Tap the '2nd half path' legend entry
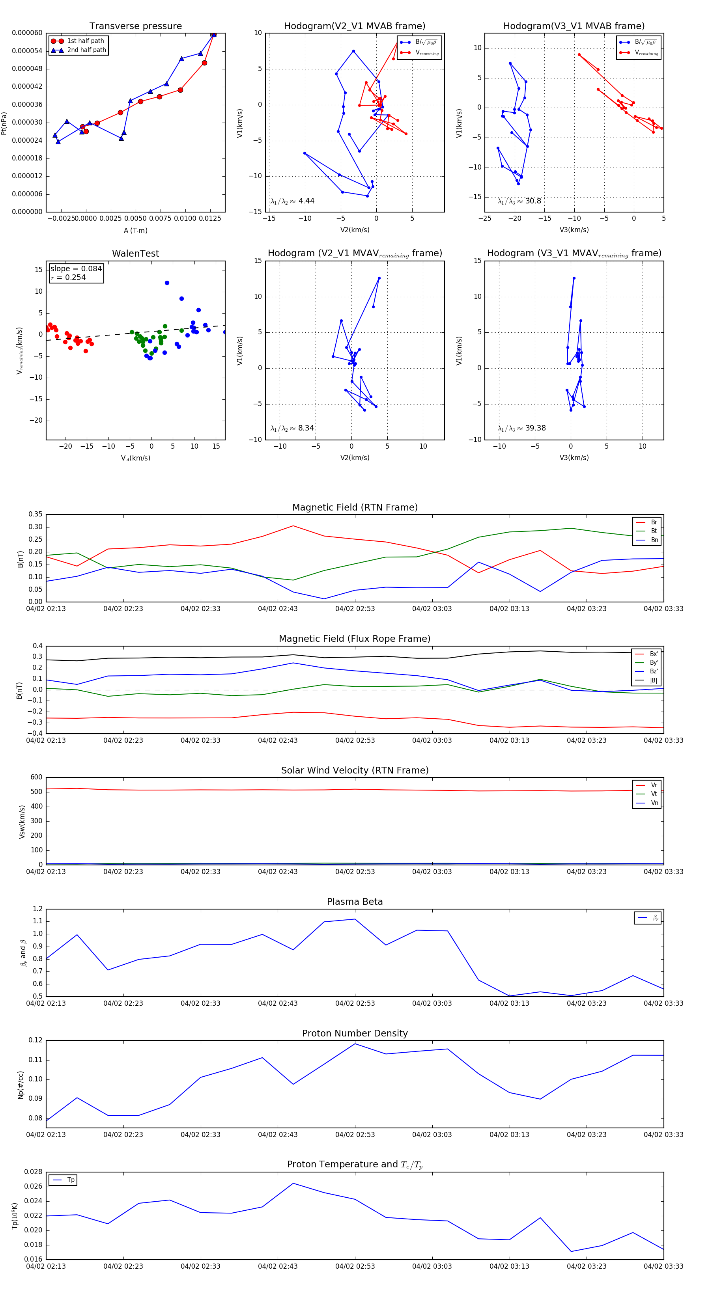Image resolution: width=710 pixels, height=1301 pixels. click(x=86, y=50)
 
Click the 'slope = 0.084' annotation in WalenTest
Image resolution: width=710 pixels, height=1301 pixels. click(x=76, y=269)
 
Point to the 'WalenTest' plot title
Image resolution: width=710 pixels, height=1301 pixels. click(x=135, y=253)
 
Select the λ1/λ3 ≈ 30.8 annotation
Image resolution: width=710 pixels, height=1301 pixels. click(x=519, y=201)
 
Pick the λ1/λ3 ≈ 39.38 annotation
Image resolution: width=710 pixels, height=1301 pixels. click(x=521, y=428)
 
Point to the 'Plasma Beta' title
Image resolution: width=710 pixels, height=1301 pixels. click(x=355, y=902)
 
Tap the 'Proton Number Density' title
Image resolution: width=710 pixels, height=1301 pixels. click(x=355, y=1033)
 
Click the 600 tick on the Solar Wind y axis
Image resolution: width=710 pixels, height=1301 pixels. click(x=36, y=777)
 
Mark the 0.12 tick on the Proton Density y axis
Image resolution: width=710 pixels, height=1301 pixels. click(x=35, y=1040)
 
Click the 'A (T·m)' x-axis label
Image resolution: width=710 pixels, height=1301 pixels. click(x=135, y=231)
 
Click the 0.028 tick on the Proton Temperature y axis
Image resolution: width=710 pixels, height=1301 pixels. click(x=34, y=1172)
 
